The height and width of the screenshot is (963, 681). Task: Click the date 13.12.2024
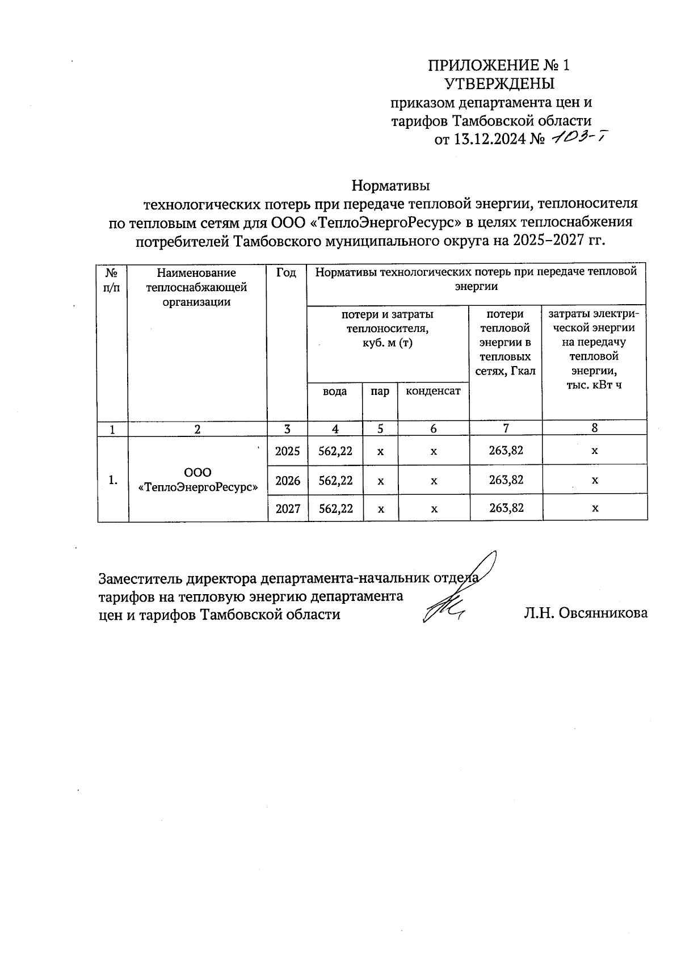point(488,140)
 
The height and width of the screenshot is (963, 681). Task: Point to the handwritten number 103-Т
point(575,137)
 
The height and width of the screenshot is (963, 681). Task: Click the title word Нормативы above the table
point(390,186)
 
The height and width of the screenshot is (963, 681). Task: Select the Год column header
point(287,273)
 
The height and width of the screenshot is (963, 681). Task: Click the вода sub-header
point(335,392)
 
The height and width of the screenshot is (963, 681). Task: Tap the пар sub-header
point(380,392)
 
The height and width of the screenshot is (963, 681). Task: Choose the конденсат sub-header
point(433,392)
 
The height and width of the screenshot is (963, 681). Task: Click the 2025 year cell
point(287,452)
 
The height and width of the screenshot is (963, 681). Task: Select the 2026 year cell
point(287,481)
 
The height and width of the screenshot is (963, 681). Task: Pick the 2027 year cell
point(287,508)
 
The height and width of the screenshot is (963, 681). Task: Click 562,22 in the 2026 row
point(335,481)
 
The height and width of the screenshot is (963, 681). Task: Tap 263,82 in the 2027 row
point(506,508)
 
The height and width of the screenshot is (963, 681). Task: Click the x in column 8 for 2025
point(594,452)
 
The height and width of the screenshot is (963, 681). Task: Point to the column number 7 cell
point(506,428)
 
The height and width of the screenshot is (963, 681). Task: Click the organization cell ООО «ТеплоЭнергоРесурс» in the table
point(198,480)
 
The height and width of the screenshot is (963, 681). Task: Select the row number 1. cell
point(113,480)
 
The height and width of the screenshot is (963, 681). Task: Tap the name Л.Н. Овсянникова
point(586,613)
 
